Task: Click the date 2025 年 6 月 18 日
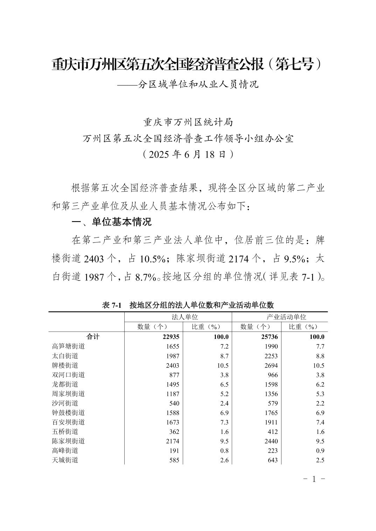tap(188, 154)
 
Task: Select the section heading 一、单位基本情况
tap(111, 222)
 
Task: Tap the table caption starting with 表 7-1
tap(188, 305)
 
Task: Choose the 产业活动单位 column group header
tap(286, 317)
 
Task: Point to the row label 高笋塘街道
tap(68, 346)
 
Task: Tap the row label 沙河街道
tap(65, 403)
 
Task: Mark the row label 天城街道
tap(65, 460)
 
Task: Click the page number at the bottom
tap(314, 479)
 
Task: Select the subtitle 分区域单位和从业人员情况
tap(198, 85)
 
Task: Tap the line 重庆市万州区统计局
tap(188, 122)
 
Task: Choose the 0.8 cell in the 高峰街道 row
tap(224, 451)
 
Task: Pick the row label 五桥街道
tap(65, 432)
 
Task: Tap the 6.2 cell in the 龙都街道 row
tap(320, 384)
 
